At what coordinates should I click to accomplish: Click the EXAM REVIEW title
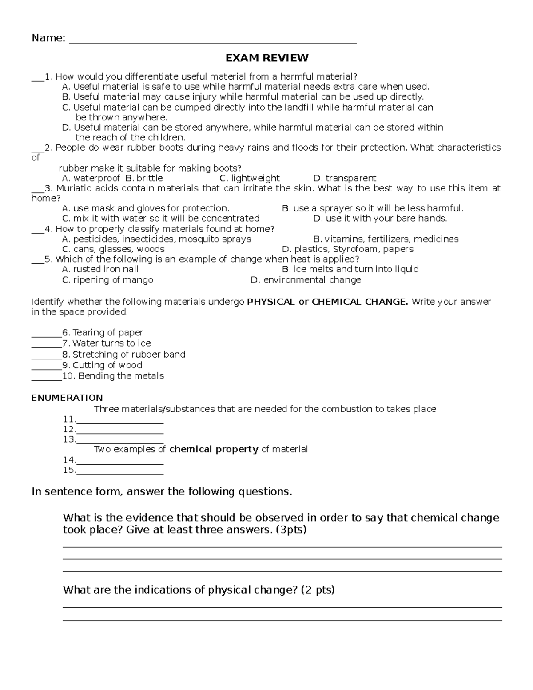[266, 58]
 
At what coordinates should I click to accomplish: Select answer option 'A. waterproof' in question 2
[91, 178]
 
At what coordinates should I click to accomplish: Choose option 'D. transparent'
[345, 178]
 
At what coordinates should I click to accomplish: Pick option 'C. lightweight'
[250, 178]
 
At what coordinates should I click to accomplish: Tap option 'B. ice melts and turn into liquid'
[350, 269]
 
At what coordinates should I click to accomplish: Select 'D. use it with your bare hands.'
[380, 218]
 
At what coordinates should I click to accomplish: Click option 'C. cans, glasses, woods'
[113, 249]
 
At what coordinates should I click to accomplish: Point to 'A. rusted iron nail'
[100, 269]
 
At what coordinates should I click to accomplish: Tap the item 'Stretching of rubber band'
[129, 355]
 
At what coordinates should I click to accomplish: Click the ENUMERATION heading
[67, 398]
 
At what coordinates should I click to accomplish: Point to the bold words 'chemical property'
[214, 449]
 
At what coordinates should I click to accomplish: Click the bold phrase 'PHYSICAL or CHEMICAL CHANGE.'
[327, 302]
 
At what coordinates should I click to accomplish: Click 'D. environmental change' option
[306, 280]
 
